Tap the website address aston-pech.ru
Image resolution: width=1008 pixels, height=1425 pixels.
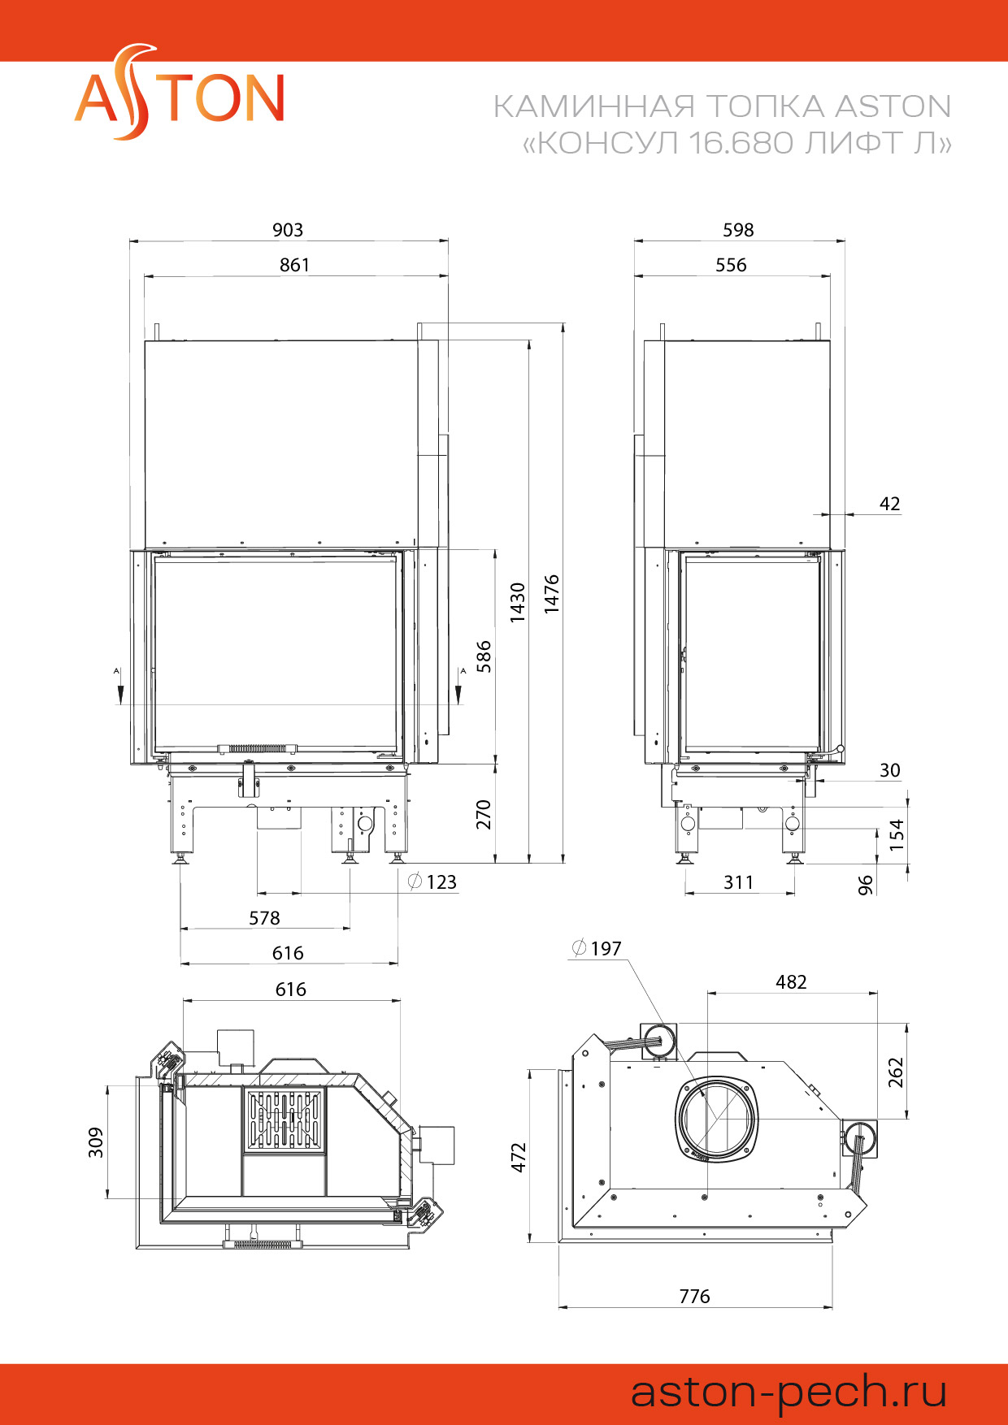click(x=789, y=1393)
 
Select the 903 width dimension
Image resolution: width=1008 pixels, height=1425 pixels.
click(x=288, y=230)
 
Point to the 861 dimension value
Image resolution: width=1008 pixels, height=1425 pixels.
click(x=294, y=265)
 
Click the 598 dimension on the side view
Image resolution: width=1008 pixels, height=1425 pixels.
click(x=738, y=230)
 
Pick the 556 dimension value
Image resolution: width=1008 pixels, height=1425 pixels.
click(x=731, y=265)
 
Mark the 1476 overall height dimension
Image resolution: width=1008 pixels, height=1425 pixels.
click(x=552, y=594)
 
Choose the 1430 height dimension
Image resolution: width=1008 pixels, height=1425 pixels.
click(x=518, y=602)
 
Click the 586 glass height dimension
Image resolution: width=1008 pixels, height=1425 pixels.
click(x=484, y=656)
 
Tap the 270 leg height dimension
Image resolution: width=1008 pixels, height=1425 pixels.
click(x=484, y=814)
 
